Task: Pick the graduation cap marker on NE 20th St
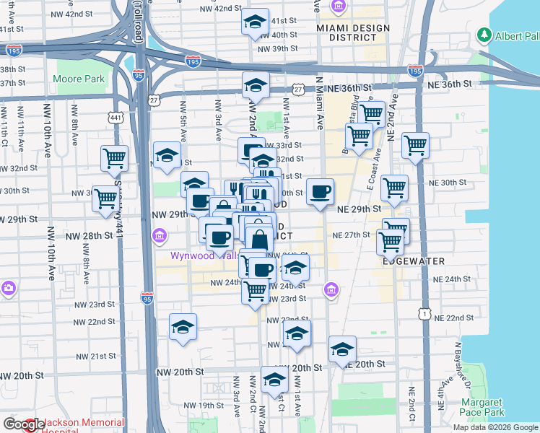[342, 349]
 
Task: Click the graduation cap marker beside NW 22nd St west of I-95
[183, 327]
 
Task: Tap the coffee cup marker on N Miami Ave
[320, 192]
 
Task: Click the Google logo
[25, 424]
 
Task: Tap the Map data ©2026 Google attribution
[495, 427]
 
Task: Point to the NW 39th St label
[279, 48]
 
